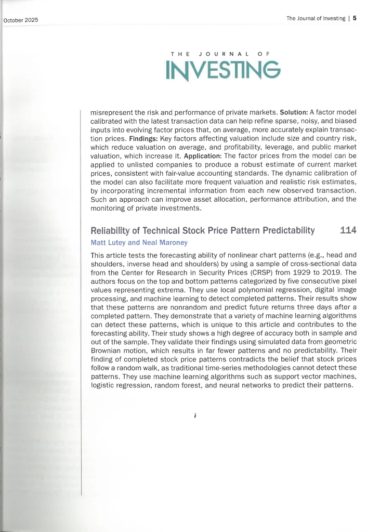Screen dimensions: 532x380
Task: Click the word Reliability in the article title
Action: tap(111, 231)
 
